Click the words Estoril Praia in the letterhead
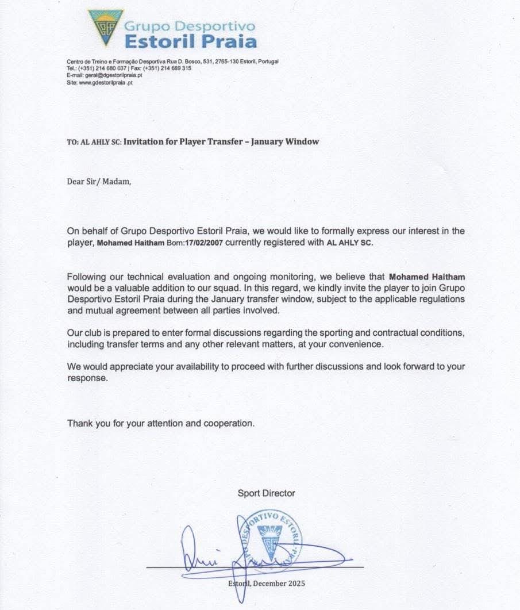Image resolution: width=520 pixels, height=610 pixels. (x=190, y=41)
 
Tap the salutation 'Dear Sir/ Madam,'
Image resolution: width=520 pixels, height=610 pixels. (x=99, y=183)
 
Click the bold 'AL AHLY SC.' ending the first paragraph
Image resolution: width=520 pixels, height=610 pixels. (x=350, y=243)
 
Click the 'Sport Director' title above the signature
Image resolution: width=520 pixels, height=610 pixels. (x=267, y=493)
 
